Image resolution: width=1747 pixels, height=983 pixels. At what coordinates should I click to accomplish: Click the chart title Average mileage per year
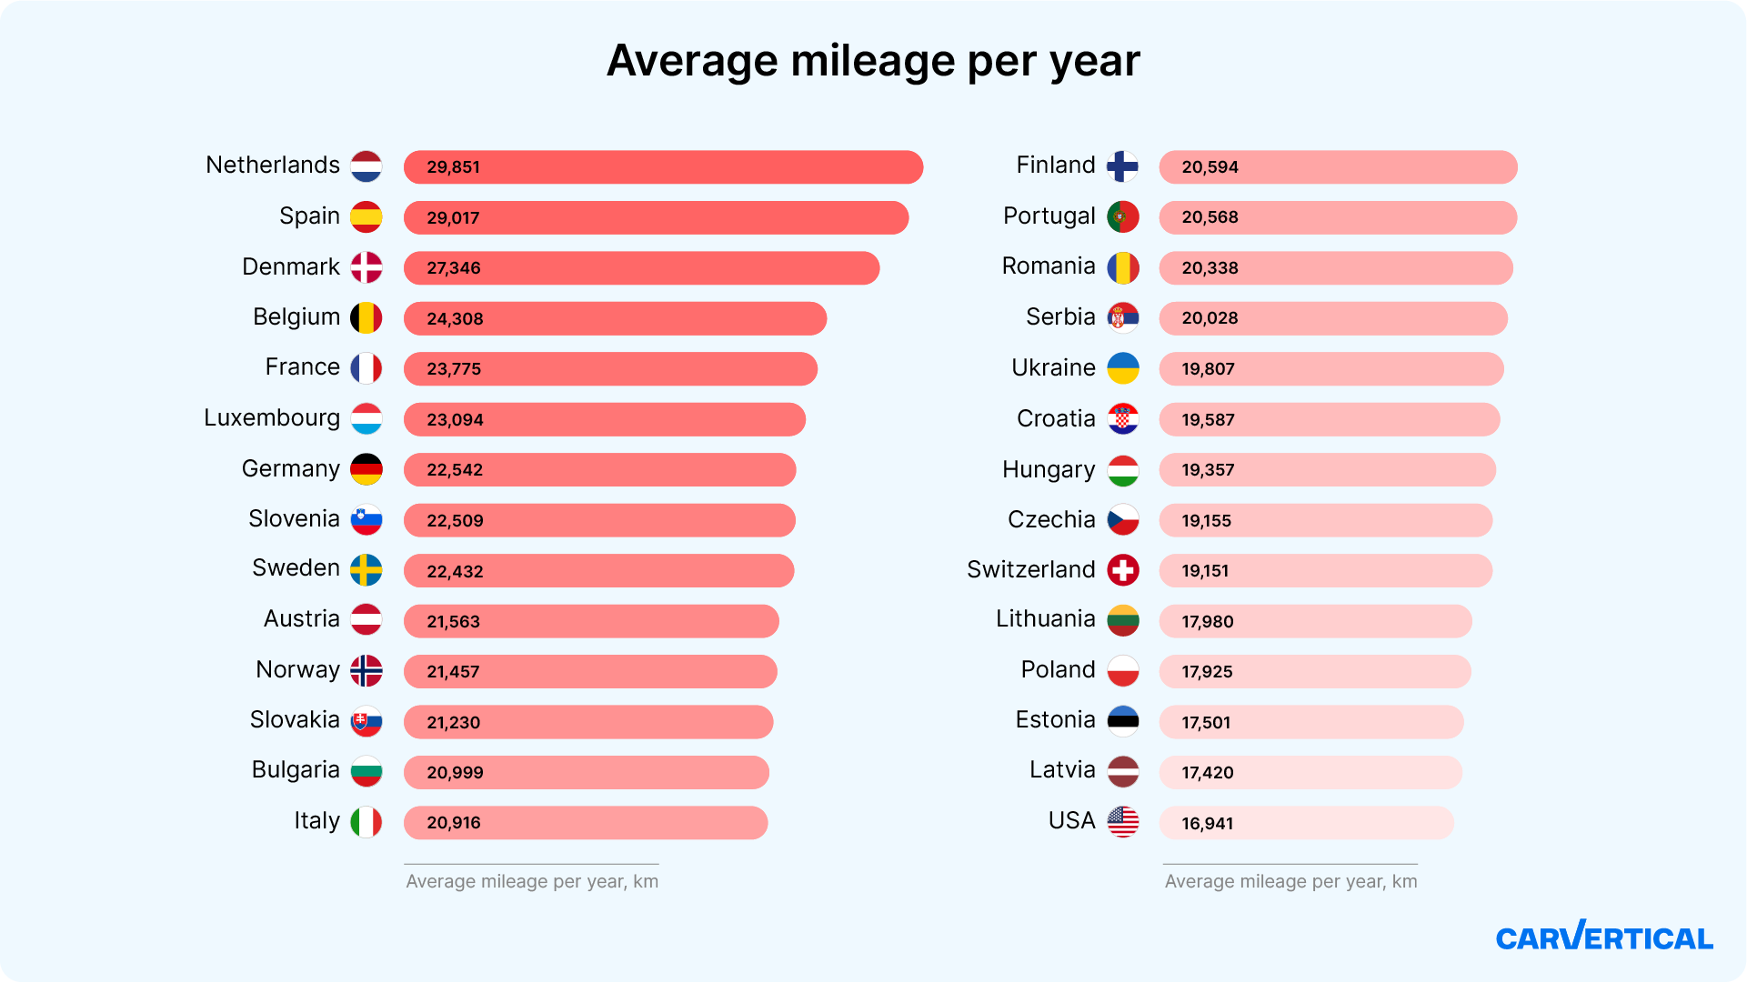coord(873,61)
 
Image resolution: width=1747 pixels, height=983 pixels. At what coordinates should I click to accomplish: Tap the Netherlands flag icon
coord(366,166)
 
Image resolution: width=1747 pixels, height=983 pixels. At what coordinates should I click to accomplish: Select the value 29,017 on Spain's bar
coord(453,218)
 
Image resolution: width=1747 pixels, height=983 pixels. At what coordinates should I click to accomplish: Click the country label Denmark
coord(290,267)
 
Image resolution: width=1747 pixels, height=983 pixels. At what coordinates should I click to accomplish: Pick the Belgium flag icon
coord(366,318)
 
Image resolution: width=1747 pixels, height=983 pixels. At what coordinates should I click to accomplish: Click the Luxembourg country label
coord(271,418)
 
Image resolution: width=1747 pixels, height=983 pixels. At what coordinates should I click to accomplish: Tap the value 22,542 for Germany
coord(455,470)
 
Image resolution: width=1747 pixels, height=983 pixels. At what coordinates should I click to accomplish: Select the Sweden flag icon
coord(366,570)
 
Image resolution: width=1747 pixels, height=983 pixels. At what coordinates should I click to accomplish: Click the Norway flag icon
coord(366,671)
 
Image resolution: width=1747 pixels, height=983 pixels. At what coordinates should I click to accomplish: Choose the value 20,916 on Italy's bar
coord(454,823)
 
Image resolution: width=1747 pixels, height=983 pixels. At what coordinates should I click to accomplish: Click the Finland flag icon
coord(1123,166)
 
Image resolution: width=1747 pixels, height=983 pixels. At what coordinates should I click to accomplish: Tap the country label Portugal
coord(1049,216)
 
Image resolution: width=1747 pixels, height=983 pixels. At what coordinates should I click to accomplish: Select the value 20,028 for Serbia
coord(1210,318)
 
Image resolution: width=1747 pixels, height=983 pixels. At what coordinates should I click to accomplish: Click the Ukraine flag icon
coord(1123,368)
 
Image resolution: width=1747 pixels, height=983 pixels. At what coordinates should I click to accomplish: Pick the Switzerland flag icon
coord(1123,570)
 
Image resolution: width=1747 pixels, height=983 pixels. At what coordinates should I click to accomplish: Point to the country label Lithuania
coord(1045,619)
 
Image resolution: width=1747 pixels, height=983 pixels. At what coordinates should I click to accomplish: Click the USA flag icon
coord(1123,822)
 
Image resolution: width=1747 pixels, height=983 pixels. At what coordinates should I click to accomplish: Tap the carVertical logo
coord(1604,937)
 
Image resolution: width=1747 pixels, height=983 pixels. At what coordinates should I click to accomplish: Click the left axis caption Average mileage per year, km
coord(532,881)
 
